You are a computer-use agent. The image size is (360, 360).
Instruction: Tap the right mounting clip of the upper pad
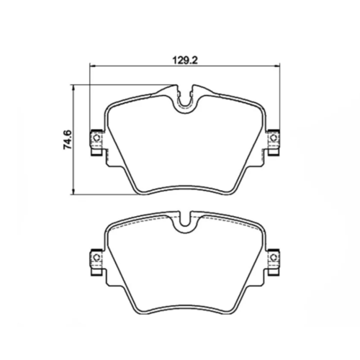pyautogui.click(x=273, y=142)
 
